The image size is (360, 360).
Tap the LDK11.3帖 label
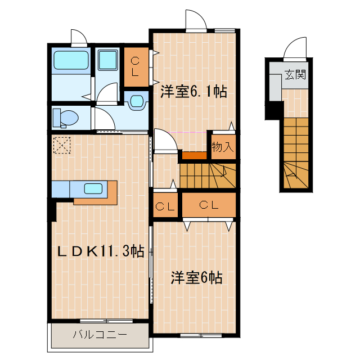click(101, 251)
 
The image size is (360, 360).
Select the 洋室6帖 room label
click(196, 277)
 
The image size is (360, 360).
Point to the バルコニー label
click(100, 335)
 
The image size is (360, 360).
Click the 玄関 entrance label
click(295, 74)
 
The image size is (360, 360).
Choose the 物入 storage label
click(222, 147)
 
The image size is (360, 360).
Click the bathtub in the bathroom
click(70, 61)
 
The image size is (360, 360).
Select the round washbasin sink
click(137, 101)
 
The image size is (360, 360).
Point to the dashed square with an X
click(61, 145)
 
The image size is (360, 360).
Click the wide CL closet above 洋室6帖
click(208, 205)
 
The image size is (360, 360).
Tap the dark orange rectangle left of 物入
click(193, 155)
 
